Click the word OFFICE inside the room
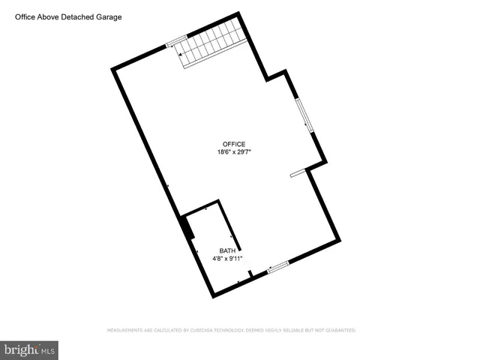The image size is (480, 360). (233, 144)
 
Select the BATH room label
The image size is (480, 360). (227, 250)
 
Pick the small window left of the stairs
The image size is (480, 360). (175, 41)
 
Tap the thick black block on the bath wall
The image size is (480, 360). (185, 227)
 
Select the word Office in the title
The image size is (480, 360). (26, 16)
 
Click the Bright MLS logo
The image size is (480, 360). (29, 349)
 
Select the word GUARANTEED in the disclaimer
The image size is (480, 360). (338, 330)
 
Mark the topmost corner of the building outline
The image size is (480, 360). (239, 13)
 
